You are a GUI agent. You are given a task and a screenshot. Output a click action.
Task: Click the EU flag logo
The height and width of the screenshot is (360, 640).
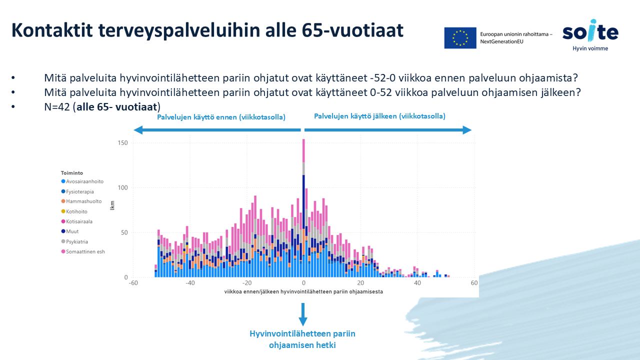coord(460,37)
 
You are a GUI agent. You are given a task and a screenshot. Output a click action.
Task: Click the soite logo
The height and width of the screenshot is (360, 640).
coord(590,34)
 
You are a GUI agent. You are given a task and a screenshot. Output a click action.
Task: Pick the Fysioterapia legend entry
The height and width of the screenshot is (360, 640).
coord(80,191)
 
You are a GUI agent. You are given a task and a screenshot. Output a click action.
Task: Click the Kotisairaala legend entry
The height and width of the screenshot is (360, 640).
coord(79,221)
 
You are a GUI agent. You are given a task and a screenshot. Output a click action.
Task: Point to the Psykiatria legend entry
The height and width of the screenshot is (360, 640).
coord(77,241)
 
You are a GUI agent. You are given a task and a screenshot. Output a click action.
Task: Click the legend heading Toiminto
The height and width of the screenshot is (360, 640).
coord(72,173)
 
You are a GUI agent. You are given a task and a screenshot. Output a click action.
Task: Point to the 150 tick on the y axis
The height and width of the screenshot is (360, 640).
coord(123,143)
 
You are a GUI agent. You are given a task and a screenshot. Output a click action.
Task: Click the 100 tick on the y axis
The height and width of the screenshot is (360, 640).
coord(123,188)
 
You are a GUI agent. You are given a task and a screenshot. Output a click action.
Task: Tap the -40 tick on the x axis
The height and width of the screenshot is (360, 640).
coord(190,283)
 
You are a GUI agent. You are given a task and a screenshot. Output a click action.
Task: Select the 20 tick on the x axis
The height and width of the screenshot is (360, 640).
coord(360,283)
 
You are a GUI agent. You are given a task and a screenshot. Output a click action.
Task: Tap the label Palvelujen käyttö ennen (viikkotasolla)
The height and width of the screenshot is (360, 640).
coord(221,117)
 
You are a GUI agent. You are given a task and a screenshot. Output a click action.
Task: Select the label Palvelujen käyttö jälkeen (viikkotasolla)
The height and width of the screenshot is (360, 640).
coord(379,116)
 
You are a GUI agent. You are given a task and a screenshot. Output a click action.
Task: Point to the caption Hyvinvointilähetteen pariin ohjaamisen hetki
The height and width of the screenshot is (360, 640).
coord(302,339)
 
